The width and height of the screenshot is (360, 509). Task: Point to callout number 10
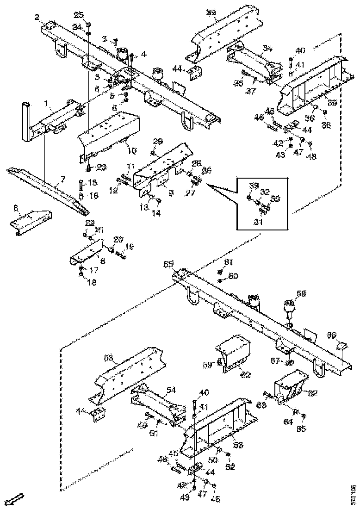pos(132,150)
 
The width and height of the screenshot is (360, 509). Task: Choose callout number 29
pos(158,141)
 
